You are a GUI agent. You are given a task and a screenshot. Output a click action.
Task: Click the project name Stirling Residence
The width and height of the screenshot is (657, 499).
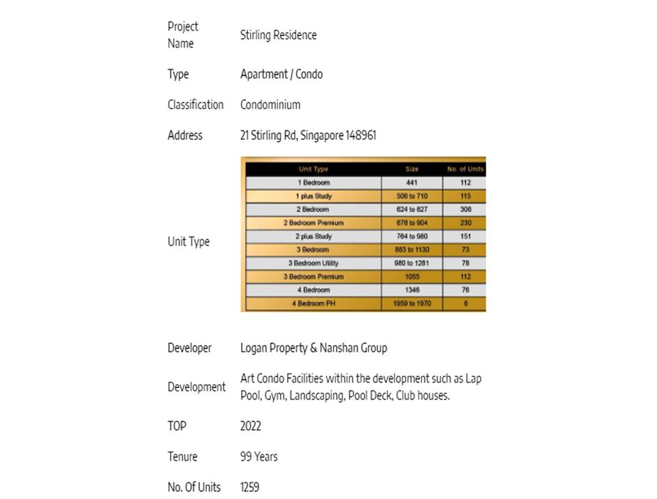click(278, 35)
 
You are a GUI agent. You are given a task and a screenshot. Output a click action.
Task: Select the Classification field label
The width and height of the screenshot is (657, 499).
click(195, 105)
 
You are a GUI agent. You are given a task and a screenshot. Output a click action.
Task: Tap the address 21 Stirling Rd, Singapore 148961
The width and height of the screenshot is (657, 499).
click(308, 136)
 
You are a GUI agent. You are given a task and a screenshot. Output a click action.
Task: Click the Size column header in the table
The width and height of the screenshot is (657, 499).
click(412, 169)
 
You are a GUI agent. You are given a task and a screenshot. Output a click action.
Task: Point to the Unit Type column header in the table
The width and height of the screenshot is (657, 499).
click(313, 169)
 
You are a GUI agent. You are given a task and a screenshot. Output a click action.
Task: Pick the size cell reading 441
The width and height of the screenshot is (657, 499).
click(412, 182)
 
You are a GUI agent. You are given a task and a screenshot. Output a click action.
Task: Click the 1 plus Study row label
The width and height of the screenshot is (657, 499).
click(314, 196)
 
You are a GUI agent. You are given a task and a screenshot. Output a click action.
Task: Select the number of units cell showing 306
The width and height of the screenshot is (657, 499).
click(465, 209)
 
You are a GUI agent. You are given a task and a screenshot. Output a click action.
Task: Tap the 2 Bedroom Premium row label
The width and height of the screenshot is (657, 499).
click(313, 223)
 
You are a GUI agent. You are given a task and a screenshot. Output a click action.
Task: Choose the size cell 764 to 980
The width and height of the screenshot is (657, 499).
click(412, 237)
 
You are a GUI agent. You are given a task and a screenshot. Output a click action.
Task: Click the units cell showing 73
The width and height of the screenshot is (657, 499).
click(465, 250)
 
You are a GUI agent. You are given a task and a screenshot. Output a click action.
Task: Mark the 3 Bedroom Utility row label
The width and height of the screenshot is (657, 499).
click(313, 263)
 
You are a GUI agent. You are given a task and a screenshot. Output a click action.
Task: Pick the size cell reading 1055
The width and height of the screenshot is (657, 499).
click(412, 277)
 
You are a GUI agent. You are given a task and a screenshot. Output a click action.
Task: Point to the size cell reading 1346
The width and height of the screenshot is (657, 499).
click(412, 290)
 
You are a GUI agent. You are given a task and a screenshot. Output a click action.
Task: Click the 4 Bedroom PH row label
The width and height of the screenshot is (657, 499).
click(313, 303)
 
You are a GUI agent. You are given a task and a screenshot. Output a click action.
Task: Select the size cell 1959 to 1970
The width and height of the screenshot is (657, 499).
click(412, 303)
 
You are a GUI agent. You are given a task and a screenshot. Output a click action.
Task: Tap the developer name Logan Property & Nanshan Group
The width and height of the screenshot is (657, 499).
click(314, 348)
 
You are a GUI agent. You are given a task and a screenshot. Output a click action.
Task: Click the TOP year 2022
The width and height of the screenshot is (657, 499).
click(251, 426)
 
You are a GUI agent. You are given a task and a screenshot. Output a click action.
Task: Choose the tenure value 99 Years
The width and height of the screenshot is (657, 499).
click(258, 457)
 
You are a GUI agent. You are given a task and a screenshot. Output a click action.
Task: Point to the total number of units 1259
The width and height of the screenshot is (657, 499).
click(249, 487)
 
